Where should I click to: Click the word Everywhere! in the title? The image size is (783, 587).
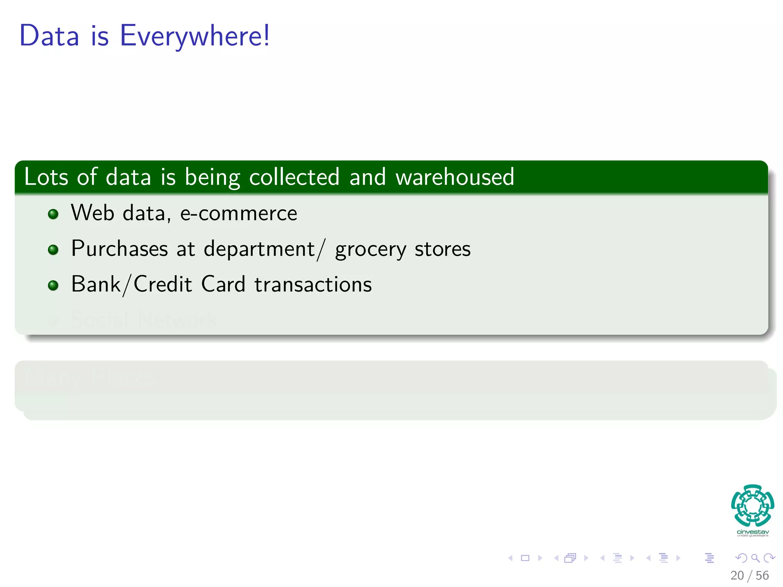[195, 36]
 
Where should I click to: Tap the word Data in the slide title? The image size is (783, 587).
[49, 36]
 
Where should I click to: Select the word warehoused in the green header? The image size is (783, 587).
[455, 177]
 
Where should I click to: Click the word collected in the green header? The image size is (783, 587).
[294, 177]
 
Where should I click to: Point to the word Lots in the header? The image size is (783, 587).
[46, 177]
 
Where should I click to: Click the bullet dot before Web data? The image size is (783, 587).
[53, 214]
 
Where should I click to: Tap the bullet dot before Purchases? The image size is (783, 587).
[53, 250]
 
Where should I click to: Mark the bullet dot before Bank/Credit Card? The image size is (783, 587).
[53, 285]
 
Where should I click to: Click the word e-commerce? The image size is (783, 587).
[239, 213]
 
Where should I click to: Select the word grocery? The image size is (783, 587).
[370, 250]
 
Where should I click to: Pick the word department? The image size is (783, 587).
[259, 249]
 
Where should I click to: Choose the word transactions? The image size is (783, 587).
[313, 285]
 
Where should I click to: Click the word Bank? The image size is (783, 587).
[96, 285]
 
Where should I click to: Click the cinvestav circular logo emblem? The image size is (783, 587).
[752, 506]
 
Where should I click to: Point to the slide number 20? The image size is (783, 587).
[737, 576]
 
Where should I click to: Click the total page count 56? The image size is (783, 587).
[762, 576]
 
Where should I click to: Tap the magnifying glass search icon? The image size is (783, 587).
[755, 558]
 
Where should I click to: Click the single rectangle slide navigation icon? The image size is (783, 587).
[525, 558]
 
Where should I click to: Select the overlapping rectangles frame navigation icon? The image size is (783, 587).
[570, 558]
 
